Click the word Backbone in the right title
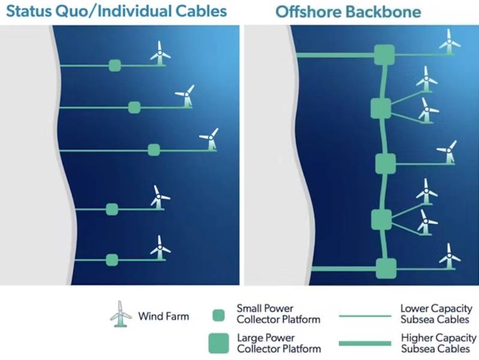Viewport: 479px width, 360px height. tap(383, 12)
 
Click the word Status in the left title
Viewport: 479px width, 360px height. tap(28, 11)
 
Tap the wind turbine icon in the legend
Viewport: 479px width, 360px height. tap(121, 314)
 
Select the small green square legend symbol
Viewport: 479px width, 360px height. tap(218, 316)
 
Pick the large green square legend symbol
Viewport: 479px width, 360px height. tap(219, 343)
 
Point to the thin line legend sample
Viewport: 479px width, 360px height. tap(365, 316)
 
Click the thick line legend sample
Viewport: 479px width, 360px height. tap(365, 344)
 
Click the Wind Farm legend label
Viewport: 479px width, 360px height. tap(163, 316)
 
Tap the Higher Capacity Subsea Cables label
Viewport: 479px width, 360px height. tap(439, 343)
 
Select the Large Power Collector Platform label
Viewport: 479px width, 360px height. tap(279, 343)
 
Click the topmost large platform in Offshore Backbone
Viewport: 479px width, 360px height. tap(385, 55)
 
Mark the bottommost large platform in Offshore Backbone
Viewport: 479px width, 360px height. tap(386, 269)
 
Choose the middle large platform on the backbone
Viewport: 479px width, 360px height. tap(385, 164)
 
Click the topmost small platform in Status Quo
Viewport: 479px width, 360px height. tap(115, 66)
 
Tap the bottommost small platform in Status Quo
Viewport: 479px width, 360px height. tap(112, 260)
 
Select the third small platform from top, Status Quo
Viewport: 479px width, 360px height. tap(154, 150)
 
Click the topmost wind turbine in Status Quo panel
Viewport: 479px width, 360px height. tap(159, 53)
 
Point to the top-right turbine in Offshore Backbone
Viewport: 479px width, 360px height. tap(450, 42)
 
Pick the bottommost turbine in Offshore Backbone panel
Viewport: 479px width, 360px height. tap(450, 256)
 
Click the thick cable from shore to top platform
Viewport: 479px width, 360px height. tap(336, 55)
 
